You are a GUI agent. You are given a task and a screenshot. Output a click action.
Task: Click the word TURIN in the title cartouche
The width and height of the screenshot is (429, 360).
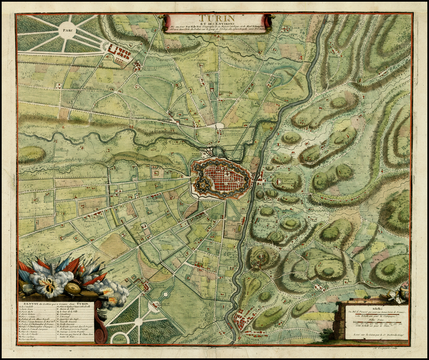tap(217, 18)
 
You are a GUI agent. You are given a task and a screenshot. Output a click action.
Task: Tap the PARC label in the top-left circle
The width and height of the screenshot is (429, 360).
tap(65, 30)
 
